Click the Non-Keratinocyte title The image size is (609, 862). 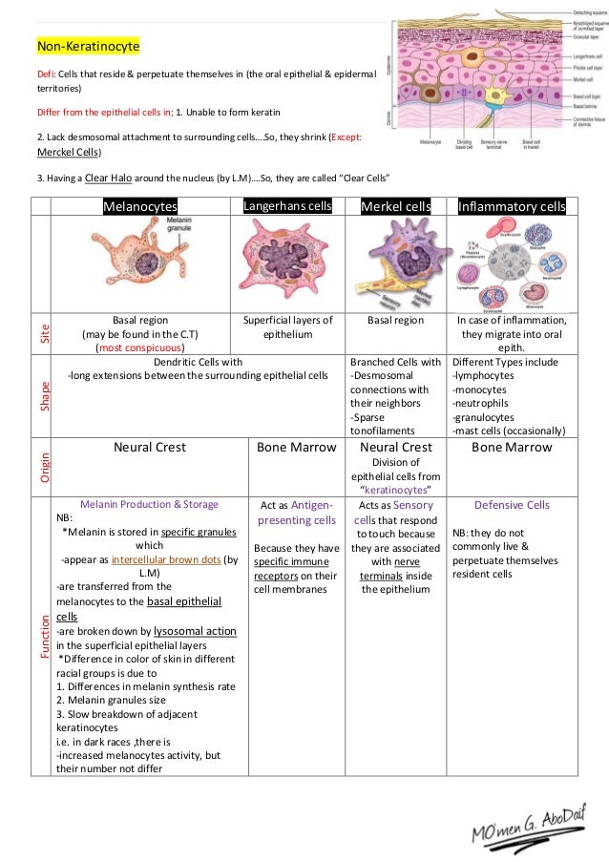tap(88, 46)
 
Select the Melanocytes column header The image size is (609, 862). tap(141, 206)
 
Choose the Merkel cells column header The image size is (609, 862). tap(395, 206)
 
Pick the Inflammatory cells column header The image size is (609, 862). tap(512, 206)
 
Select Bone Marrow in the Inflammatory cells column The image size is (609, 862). tap(512, 448)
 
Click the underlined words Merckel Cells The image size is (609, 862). tap(69, 152)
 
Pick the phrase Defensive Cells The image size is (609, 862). tap(512, 505)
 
